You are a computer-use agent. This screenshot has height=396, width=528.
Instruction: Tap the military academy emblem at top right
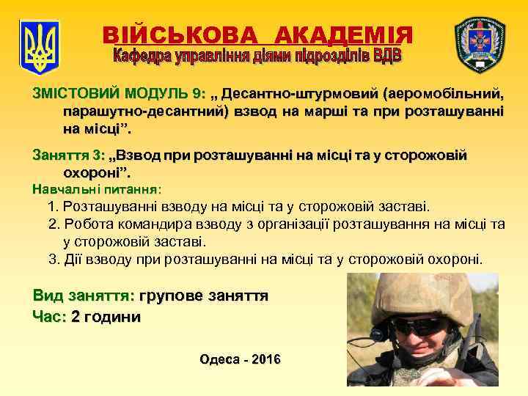480,43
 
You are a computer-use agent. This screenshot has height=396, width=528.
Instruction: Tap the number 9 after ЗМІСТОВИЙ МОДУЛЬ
196,95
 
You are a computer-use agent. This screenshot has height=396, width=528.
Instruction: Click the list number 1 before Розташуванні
51,208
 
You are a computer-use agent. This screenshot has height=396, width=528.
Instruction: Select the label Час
48,317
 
